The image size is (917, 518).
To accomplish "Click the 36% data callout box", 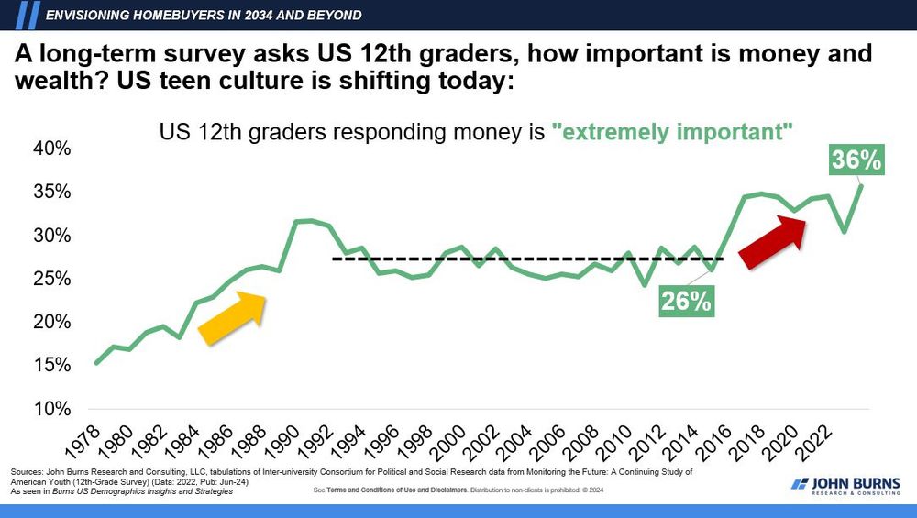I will click(x=856, y=159).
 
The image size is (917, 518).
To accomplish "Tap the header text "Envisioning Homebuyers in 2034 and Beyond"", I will click(x=203, y=15).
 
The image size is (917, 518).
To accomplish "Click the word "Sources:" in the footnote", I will click(x=27, y=471).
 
